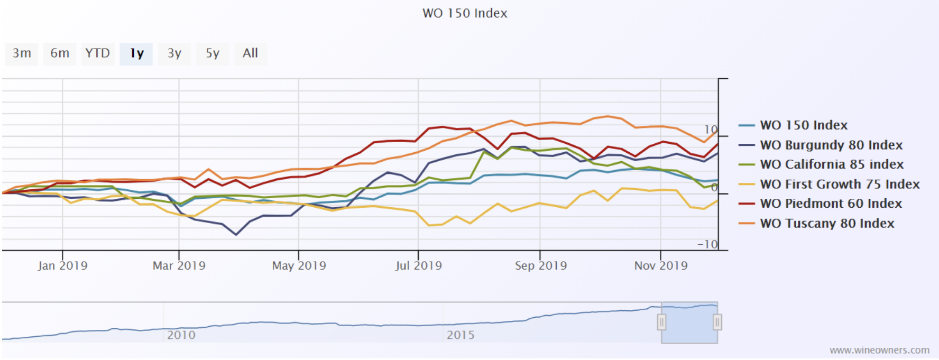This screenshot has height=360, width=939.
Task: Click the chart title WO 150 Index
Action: [465, 13]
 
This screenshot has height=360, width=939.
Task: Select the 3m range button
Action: [22, 53]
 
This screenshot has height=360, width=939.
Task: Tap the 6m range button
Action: [60, 53]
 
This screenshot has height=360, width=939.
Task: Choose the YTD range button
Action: [97, 53]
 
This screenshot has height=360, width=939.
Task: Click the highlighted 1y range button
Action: [136, 53]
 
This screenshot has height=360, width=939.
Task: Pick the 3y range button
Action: [174, 53]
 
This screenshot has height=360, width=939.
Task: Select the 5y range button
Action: [212, 53]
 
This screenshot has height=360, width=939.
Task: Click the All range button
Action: [250, 53]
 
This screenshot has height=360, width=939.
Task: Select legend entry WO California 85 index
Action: [832, 164]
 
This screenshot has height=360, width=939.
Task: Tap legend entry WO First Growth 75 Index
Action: [840, 184]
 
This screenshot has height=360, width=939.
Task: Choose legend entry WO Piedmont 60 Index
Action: [831, 204]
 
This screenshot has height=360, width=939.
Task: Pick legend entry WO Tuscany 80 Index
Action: [827, 223]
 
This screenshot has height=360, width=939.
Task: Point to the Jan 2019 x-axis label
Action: [62, 265]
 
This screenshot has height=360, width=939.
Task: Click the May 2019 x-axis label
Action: [299, 265]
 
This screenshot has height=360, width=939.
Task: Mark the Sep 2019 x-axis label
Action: [540, 265]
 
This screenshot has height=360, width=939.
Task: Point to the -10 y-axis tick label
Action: [707, 244]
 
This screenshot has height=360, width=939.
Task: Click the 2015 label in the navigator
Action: [460, 335]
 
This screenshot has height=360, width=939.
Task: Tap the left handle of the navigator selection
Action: [661, 322]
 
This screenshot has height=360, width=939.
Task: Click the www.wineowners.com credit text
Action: [879, 350]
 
